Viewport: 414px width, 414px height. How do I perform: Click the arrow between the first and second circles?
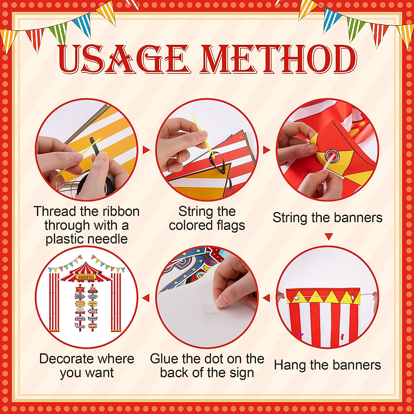pos(146,150)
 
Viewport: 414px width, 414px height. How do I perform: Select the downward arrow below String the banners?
pos(329,237)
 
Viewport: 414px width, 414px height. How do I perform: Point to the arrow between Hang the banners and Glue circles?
pos(266,298)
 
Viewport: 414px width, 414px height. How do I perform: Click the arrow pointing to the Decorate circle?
pos(146,298)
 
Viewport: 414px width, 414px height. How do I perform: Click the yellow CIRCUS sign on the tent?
pos(86,276)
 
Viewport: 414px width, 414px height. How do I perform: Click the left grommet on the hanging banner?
pos(296,297)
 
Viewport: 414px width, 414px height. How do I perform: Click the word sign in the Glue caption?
pos(241,373)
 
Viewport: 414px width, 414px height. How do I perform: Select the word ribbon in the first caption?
pos(120,211)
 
